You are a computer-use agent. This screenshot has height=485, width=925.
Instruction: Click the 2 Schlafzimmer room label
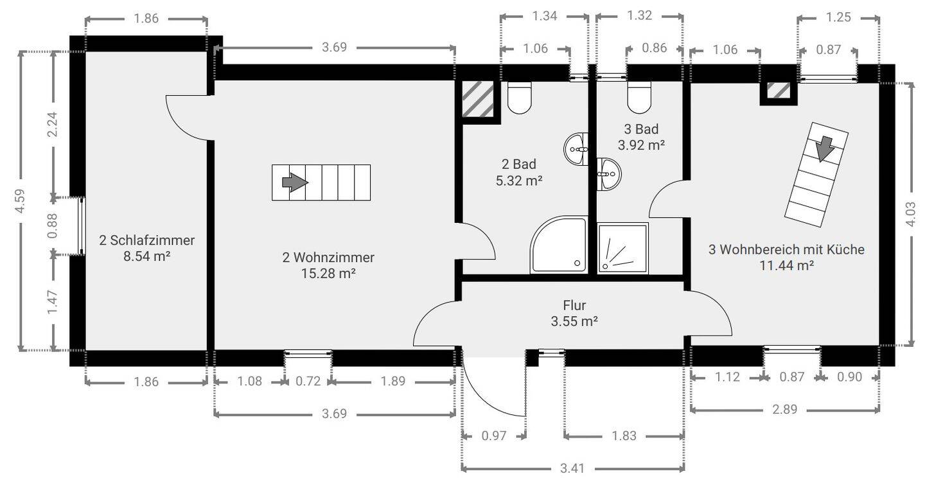pyautogui.click(x=146, y=240)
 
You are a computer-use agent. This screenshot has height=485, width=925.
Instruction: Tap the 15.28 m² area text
pyautogui.click(x=328, y=274)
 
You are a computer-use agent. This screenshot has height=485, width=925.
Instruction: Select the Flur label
pyautogui.click(x=574, y=305)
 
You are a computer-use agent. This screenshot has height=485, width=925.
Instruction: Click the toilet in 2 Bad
pyautogui.click(x=519, y=98)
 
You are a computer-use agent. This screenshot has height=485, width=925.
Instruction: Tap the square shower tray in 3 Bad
pyautogui.click(x=622, y=249)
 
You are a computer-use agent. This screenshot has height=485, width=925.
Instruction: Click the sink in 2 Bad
pyautogui.click(x=576, y=149)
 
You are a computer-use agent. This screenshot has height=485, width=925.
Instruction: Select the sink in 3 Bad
pyautogui.click(x=609, y=174)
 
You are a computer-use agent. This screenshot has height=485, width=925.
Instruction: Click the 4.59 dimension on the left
pyautogui.click(x=20, y=201)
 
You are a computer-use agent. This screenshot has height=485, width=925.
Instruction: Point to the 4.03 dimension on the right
pyautogui.click(x=910, y=214)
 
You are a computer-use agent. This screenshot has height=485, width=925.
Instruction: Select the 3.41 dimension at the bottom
pyautogui.click(x=572, y=468)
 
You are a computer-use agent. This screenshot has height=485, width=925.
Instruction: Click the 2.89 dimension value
pyautogui.click(x=784, y=409)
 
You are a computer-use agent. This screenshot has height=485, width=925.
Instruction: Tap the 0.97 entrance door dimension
pyautogui.click(x=494, y=436)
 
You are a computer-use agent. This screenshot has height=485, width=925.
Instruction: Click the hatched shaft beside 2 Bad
pyautogui.click(x=478, y=99)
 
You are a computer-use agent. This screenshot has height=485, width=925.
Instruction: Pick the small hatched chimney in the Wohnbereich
pyautogui.click(x=779, y=91)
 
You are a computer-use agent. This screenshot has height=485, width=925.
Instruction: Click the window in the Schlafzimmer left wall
pyautogui.click(x=82, y=225)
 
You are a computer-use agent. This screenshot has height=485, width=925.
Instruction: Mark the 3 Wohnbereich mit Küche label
pyautogui.click(x=786, y=249)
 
